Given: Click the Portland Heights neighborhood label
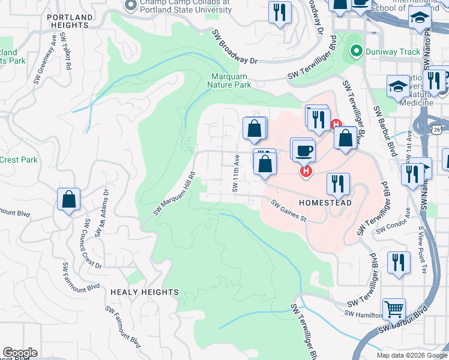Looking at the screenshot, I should (72, 21).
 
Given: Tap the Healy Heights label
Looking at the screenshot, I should (145, 292).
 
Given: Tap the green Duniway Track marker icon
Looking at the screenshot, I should (357, 52).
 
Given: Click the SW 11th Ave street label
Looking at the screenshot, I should (236, 175).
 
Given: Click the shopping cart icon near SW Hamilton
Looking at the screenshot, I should (394, 310).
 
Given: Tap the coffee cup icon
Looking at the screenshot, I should (303, 149).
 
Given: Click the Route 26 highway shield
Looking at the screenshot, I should (436, 129).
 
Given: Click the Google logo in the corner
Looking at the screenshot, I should (20, 353).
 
